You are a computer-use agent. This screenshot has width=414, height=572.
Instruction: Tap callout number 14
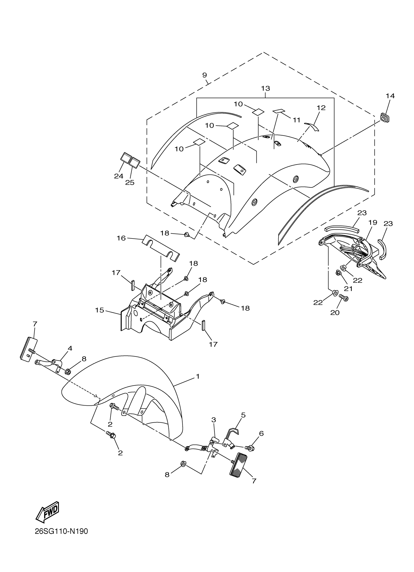point(390,96)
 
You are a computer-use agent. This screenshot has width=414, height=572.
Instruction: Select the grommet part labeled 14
point(385,118)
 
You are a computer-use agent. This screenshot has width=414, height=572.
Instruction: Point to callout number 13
point(266,88)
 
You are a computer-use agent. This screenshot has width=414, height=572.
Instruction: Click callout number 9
point(205,75)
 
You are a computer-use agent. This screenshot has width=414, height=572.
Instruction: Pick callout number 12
point(321,108)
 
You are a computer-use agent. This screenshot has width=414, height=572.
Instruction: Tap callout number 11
point(297,120)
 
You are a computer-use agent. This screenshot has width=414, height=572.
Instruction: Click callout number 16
point(121,238)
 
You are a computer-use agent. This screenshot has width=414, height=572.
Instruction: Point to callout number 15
point(100,310)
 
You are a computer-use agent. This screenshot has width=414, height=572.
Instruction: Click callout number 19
point(373,223)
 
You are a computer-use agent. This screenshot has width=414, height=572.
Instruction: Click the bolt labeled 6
point(250,448)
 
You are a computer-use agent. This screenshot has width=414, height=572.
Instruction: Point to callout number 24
point(118,176)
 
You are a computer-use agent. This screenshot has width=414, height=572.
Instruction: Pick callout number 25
point(130,182)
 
